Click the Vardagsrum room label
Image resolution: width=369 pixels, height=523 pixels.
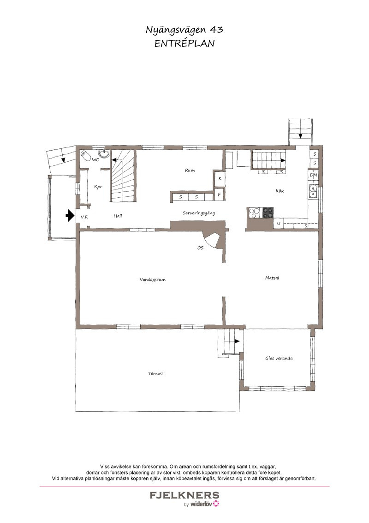153,280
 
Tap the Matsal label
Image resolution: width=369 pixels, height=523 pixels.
272,278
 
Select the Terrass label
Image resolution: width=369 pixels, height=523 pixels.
156,374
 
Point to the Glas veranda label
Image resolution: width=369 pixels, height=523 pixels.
279,358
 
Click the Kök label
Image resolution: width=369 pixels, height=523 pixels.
280,191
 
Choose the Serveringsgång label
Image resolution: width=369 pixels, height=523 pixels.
199,213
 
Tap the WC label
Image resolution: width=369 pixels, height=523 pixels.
95,160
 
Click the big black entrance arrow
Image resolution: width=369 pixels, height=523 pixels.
70,215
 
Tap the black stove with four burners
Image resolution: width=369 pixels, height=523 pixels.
268,213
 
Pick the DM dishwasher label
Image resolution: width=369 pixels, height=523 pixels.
313,175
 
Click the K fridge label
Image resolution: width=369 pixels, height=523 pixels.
220,178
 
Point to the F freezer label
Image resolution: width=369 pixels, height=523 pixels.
219,194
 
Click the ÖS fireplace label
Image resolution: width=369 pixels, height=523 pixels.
200,248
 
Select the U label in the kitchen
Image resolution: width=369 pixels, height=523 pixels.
279,224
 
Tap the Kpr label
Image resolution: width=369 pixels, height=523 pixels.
98,187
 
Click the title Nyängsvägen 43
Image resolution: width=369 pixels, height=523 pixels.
184,30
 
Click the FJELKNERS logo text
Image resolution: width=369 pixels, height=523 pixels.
184,495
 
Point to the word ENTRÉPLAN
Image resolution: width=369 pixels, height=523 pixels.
184,43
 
